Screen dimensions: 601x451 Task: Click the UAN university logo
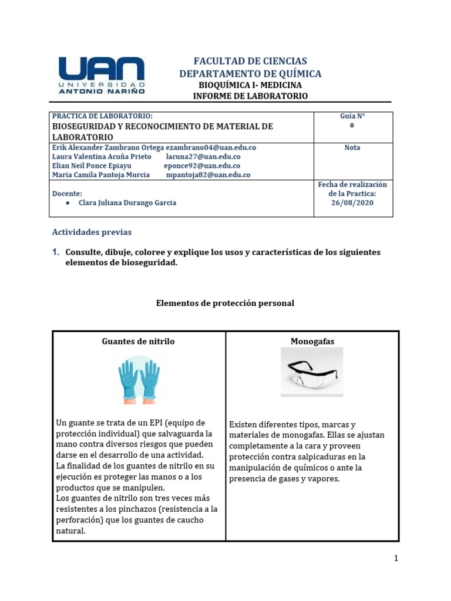point(103,76)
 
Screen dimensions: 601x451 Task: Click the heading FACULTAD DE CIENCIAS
point(250,61)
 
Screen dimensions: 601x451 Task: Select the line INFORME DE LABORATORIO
point(250,96)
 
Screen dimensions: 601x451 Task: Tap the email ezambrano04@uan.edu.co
point(211,148)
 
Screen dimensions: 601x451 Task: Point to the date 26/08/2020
point(352,202)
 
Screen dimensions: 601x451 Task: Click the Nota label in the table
point(352,148)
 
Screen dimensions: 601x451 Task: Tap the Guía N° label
point(352,116)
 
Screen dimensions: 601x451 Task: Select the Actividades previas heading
point(92,232)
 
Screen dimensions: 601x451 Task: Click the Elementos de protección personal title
point(225,303)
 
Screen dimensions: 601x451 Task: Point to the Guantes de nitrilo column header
point(138,342)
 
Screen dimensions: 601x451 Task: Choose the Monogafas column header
point(312,342)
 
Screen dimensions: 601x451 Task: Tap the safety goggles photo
point(312,372)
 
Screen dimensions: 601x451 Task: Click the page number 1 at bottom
point(396,558)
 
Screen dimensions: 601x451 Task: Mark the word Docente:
point(67,193)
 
